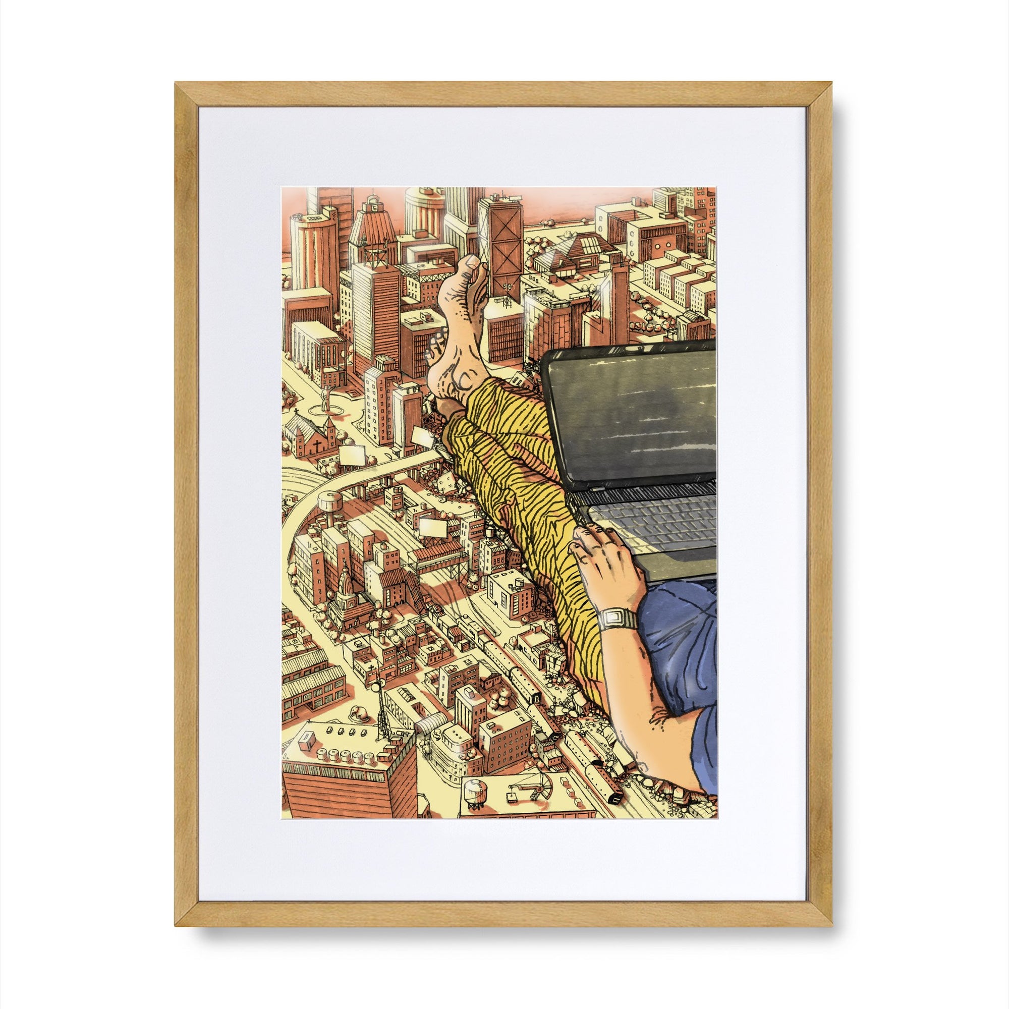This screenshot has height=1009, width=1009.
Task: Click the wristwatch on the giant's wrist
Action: coord(618,620)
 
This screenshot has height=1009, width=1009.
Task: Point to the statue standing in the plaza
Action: coord(325,399)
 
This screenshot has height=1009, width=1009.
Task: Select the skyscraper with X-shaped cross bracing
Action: coord(500,240)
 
